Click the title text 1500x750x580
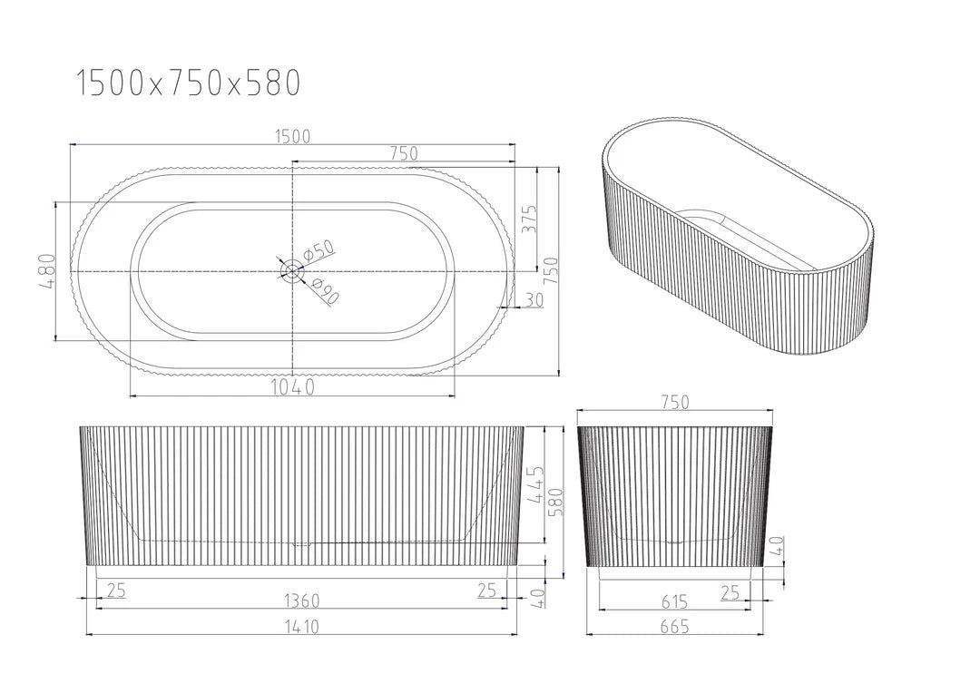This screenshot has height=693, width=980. tap(187, 83)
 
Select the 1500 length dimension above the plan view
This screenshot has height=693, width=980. tap(292, 136)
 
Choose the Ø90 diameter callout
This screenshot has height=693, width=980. tap(324, 292)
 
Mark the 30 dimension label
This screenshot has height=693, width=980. tap(534, 300)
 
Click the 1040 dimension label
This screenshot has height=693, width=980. tap(292, 387)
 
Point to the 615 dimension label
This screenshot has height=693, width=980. tap(674, 601)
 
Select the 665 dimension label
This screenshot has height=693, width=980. tap(674, 626)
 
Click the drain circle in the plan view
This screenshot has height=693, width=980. tap(292, 270)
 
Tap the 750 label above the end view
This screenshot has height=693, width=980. tap(674, 402)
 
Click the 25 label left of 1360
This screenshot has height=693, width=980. tap(115, 591)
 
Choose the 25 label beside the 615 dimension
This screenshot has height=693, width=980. tap(730, 592)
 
